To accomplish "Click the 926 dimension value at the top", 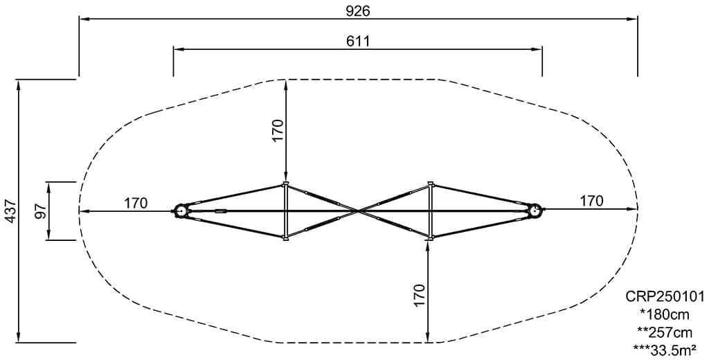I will pyautogui.click(x=358, y=10).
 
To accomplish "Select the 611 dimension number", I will pyautogui.click(x=358, y=41).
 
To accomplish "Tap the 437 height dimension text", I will pyautogui.click(x=9, y=211).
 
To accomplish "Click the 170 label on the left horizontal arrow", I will pyautogui.click(x=136, y=203).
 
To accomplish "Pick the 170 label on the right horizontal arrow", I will pyautogui.click(x=591, y=201).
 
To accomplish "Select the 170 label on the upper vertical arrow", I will pyautogui.click(x=278, y=131).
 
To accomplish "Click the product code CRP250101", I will pyautogui.click(x=665, y=297).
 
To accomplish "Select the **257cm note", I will pyautogui.click(x=665, y=332).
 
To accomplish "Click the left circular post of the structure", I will pyautogui.click(x=182, y=210).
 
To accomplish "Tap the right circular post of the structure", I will pyautogui.click(x=534, y=210).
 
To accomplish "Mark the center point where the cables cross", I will pyautogui.click(x=358, y=210).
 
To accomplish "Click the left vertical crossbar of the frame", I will pyautogui.click(x=285, y=211).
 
